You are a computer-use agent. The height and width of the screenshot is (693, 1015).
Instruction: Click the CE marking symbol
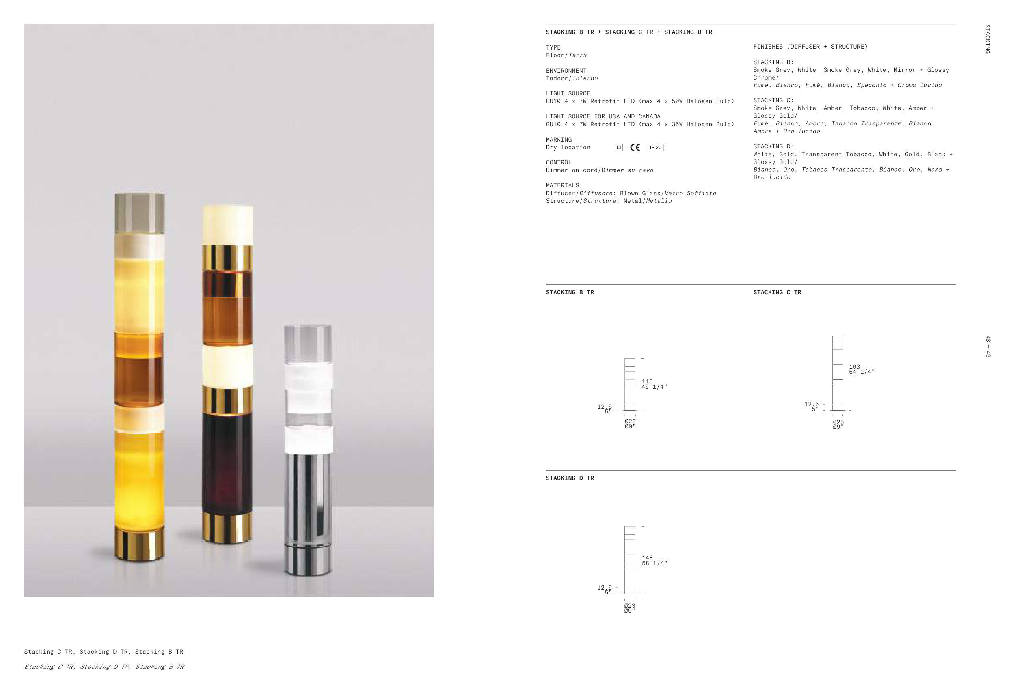635,148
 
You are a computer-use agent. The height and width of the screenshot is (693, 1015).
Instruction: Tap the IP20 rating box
655,148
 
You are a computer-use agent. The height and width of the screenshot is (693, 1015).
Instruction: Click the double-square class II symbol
618,148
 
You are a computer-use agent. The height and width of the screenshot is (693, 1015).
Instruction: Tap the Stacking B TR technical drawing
630,385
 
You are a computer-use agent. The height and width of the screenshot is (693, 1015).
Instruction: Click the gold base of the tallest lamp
139,544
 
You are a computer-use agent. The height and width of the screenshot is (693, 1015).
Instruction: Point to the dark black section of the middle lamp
227,463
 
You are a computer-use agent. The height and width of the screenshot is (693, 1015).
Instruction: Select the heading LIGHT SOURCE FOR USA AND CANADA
603,116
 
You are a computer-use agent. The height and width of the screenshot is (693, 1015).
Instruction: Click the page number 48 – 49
987,346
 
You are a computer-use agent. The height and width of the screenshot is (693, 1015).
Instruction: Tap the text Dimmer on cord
571,170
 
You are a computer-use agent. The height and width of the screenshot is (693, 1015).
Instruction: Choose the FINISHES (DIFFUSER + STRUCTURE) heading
810,47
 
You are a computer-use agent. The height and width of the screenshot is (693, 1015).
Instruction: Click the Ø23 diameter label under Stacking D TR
630,606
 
